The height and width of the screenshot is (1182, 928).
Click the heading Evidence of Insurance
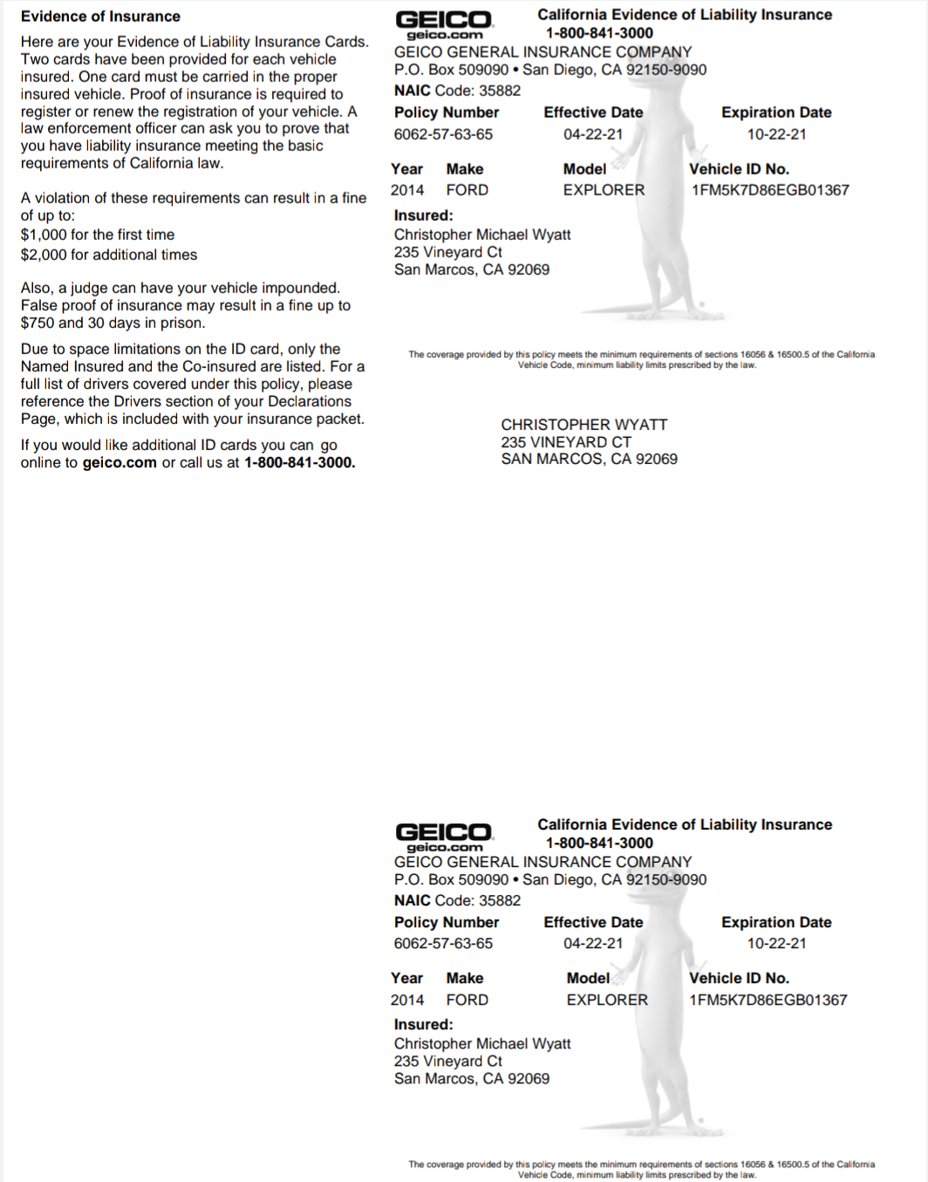[100, 16]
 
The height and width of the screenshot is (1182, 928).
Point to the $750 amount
[38, 323]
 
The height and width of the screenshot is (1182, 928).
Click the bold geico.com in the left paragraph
[119, 462]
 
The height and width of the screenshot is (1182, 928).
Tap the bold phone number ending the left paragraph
[299, 462]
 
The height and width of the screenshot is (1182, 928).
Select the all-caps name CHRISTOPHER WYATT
[583, 425]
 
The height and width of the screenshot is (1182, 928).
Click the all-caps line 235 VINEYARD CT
[565, 442]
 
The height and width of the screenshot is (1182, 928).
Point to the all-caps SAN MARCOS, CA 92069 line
[589, 459]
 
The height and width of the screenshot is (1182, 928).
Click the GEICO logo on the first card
[444, 24]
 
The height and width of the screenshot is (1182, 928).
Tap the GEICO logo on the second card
[444, 836]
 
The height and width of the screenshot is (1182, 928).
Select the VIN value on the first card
[770, 190]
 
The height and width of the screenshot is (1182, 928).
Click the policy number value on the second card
[443, 944]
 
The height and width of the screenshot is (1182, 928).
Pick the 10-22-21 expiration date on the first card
[776, 134]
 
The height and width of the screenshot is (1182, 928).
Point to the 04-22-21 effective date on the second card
[593, 944]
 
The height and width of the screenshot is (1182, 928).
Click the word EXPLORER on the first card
[604, 190]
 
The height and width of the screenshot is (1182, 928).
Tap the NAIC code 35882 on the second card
[500, 900]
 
